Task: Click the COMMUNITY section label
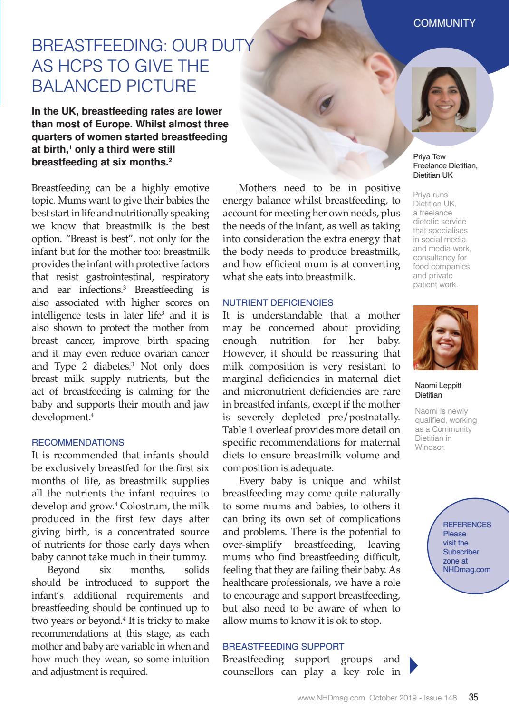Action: pos(444,23)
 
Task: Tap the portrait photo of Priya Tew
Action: pos(443,99)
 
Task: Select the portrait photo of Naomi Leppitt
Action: pos(445,338)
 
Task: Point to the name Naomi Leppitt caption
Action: pos(438,386)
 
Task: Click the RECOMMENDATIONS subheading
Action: pos(78,443)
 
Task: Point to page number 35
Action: pos(473,698)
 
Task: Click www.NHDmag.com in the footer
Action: pos(331,698)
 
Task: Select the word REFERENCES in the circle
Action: pos(467,525)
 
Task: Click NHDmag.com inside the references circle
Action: pos(466,569)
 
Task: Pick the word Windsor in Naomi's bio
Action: pos(430,447)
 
